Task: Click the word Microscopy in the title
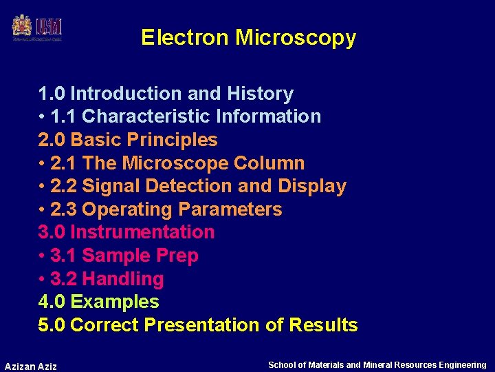coord(296,37)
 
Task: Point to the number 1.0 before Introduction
coord(52,94)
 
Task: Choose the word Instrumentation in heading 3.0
coord(142,232)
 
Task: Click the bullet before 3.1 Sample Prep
coord(42,256)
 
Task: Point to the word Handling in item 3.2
coord(122,279)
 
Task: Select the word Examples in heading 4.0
coord(115,302)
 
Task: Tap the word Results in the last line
coord(323,325)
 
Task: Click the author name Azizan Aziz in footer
coord(31,366)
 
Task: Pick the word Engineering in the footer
coord(461,365)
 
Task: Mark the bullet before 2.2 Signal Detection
coord(42,187)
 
